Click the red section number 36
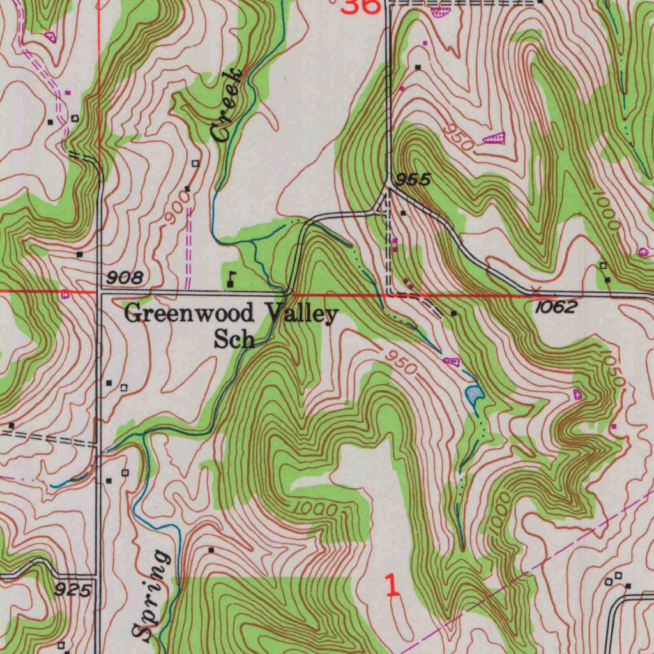(x=361, y=6)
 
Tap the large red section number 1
(x=393, y=586)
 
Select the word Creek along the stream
(x=228, y=105)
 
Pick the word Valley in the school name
(x=301, y=314)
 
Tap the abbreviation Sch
(x=234, y=339)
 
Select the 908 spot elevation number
(x=125, y=277)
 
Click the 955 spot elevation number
(x=412, y=181)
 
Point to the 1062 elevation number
(x=556, y=307)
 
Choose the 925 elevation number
(x=73, y=589)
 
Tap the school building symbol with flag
(x=231, y=279)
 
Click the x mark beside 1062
(x=536, y=291)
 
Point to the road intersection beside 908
(x=99, y=292)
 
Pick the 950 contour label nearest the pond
(x=400, y=362)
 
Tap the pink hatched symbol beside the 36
(x=439, y=11)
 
